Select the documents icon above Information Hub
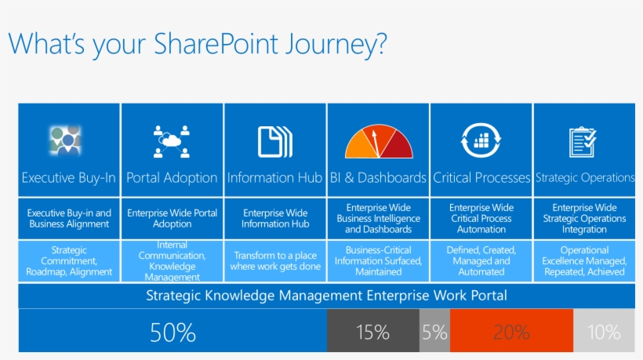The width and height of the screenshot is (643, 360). (x=275, y=141)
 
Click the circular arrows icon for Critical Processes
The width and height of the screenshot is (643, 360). (x=481, y=141)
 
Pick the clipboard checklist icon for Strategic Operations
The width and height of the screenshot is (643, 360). (x=583, y=141)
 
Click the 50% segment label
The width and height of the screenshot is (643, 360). (x=173, y=332)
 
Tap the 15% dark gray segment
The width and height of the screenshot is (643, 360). (x=372, y=332)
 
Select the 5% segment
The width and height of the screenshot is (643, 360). (x=434, y=332)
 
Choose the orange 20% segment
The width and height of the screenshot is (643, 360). (x=511, y=332)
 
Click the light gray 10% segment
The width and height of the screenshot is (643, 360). (x=604, y=332)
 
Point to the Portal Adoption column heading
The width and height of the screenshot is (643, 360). (x=173, y=178)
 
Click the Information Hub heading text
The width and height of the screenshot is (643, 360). (x=275, y=178)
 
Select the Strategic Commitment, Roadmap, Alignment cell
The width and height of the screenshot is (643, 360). (x=69, y=262)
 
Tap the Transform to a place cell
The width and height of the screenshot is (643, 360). (x=275, y=261)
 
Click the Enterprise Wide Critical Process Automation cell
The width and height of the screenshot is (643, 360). (x=481, y=219)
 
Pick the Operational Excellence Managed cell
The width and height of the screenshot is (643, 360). (x=584, y=261)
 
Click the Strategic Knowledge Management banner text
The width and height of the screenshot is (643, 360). (x=326, y=296)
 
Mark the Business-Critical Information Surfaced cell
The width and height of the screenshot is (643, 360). (x=379, y=261)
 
